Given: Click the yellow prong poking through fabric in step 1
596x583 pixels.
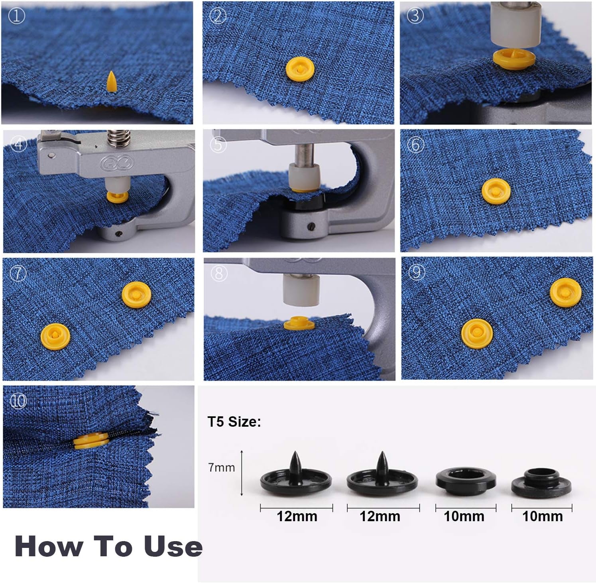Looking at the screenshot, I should [110, 81].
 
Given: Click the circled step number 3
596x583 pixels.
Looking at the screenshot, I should [415, 16].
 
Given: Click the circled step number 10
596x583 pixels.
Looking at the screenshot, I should [18, 401].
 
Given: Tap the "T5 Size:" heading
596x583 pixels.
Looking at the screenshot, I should [234, 421].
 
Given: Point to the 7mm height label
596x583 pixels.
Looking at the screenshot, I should [222, 467].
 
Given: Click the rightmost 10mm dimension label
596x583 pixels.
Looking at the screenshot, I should [542, 516].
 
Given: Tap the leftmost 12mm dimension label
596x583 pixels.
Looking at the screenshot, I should [297, 516].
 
